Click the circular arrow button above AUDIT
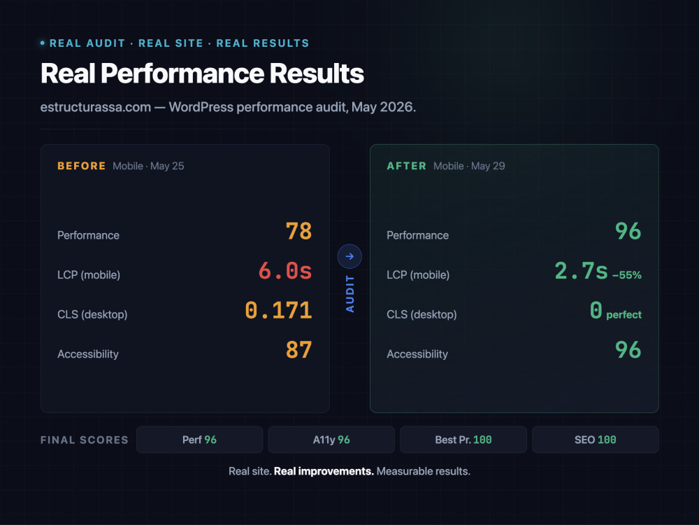click(349, 256)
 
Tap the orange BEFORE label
click(82, 166)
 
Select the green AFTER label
click(407, 166)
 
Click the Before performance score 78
click(298, 231)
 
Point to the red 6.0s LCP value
click(285, 271)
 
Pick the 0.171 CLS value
click(279, 310)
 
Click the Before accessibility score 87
click(298, 350)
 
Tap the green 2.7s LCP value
click(582, 271)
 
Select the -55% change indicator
click(627, 275)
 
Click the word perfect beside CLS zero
click(624, 315)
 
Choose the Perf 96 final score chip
click(200, 440)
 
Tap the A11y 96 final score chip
click(331, 440)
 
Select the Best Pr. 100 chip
click(463, 440)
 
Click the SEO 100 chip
click(596, 440)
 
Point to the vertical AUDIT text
click(350, 294)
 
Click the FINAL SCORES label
click(85, 440)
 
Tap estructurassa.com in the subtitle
click(95, 107)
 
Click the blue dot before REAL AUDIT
click(43, 43)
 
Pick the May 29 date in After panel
click(488, 166)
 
